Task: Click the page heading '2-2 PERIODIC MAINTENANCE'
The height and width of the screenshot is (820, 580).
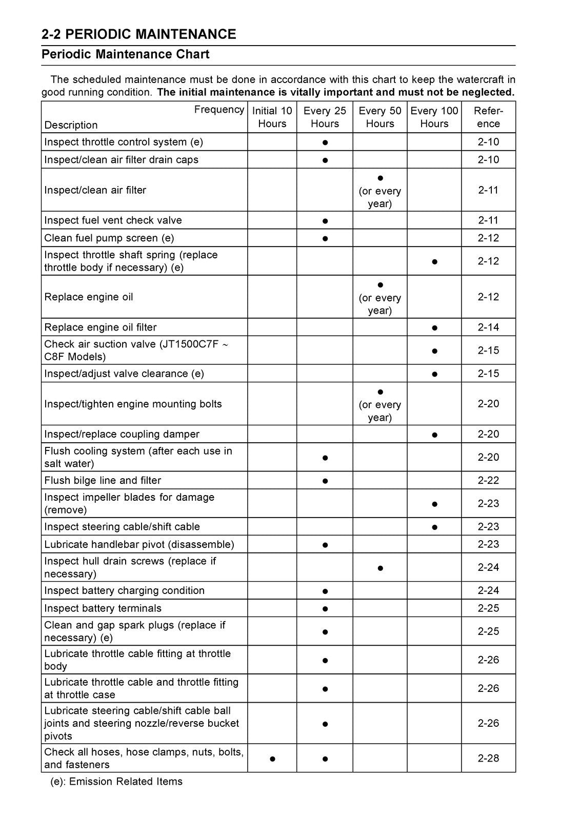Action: click(138, 34)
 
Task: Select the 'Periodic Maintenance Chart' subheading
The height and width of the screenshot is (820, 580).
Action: click(125, 54)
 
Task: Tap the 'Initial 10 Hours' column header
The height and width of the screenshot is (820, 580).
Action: click(272, 117)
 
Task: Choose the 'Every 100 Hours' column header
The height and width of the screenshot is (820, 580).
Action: click(434, 117)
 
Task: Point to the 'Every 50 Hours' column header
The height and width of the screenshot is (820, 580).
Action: click(379, 117)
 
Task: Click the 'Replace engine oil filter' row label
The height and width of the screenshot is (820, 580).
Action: click(101, 327)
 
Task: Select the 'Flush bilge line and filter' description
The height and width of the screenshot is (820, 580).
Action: click(103, 480)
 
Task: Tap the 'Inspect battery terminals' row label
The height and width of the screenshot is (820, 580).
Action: click(103, 608)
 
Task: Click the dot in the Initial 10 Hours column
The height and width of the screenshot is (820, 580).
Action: click(272, 758)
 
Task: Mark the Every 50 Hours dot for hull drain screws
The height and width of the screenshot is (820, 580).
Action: click(380, 568)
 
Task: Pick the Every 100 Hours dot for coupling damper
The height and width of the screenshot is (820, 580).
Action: click(434, 435)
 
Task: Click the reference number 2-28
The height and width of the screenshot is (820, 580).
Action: click(488, 758)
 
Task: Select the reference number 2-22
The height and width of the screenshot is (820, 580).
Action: click(488, 480)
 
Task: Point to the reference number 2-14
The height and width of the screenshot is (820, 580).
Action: click(488, 327)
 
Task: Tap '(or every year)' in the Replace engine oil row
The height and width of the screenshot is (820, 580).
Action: click(379, 304)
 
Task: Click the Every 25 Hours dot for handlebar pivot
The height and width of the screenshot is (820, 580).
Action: click(325, 545)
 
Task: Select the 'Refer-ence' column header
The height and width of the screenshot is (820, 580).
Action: click(488, 117)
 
